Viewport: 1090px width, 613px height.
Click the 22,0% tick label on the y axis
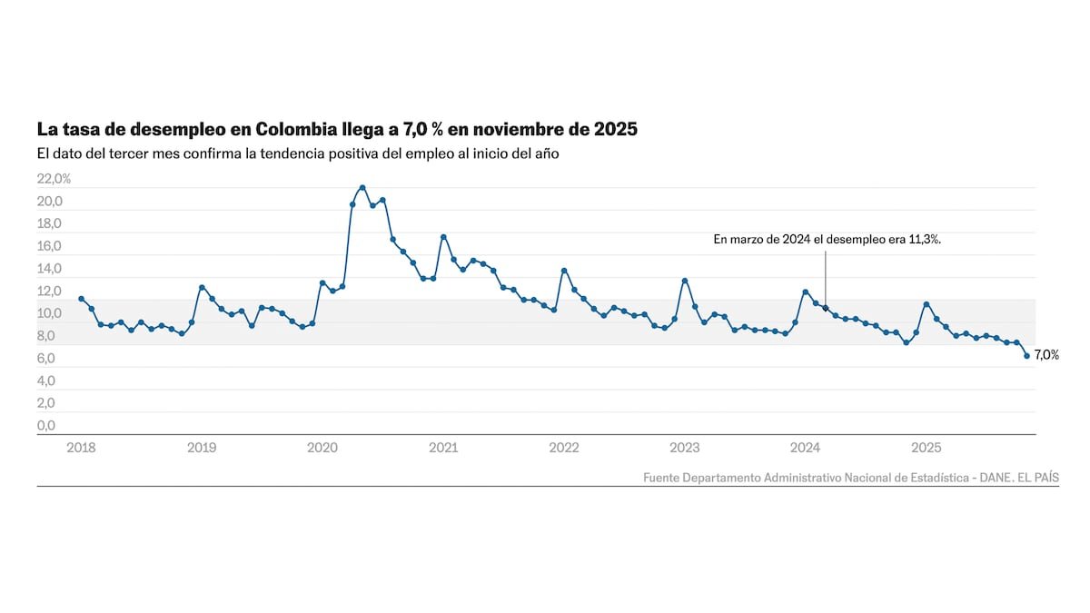(x=54, y=179)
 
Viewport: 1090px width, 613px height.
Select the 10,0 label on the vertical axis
(x=48, y=314)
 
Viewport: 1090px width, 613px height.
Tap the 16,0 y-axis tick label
(x=48, y=246)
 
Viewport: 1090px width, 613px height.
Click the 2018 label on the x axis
(x=81, y=448)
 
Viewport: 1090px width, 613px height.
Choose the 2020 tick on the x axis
(x=322, y=448)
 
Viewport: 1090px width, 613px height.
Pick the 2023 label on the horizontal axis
(x=684, y=448)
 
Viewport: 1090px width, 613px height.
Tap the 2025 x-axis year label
(x=926, y=448)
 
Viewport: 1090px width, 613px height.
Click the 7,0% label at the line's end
(x=1046, y=355)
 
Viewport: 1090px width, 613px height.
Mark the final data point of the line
(x=1026, y=356)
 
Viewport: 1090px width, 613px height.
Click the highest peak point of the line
(x=362, y=188)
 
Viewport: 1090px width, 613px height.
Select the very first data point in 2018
(x=81, y=299)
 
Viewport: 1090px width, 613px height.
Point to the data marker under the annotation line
(x=826, y=309)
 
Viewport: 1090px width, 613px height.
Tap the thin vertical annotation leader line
(x=826, y=272)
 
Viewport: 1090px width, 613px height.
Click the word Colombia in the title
(x=296, y=129)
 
